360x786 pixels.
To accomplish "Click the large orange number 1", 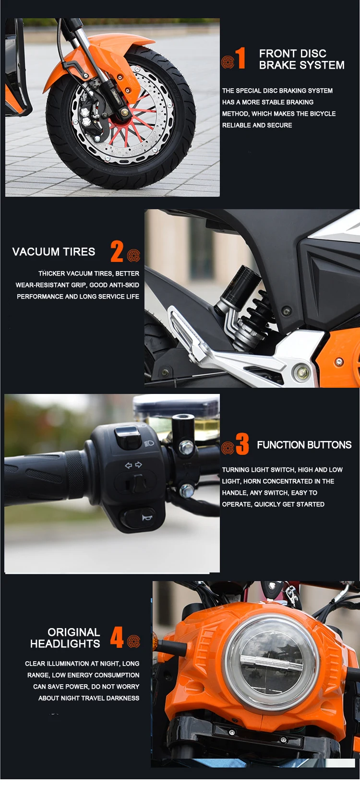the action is point(240,58).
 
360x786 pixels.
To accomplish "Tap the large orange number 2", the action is point(117,251).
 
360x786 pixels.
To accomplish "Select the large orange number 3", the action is point(242,444).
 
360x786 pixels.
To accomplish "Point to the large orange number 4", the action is point(117,637).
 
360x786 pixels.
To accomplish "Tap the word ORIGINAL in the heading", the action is point(74,632).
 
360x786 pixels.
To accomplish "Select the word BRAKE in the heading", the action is point(276,65).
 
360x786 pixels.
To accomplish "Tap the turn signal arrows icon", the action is point(134,465).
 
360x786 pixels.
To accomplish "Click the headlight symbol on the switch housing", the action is point(149,443).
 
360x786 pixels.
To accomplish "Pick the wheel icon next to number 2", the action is point(133,255).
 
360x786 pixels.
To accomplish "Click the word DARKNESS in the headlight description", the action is point(123,698).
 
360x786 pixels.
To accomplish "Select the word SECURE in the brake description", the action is point(279,125).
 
